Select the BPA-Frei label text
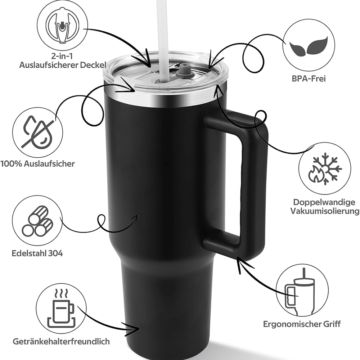309,78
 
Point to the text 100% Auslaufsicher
38,164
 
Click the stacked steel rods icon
38,221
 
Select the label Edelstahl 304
37,253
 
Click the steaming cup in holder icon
61,309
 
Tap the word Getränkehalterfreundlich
61,341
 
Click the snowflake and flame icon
325,169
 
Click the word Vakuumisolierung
325,211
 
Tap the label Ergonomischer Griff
302,324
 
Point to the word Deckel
93,65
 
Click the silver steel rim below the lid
165,98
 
